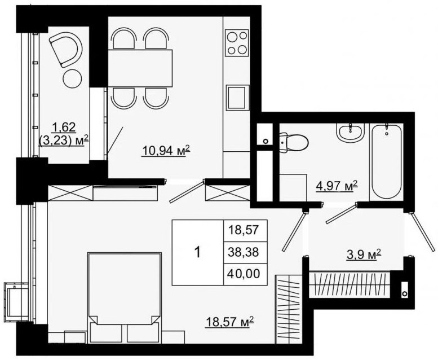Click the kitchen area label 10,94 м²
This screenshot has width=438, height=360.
166,151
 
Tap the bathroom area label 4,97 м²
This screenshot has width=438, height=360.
337,186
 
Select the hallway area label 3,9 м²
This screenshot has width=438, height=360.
364,255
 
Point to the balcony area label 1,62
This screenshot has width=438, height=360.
64,128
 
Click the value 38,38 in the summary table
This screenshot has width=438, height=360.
244,252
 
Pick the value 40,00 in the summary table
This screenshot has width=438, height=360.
244,273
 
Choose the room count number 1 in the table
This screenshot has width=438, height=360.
197,253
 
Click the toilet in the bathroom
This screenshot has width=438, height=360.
294,142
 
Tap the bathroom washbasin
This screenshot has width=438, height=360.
351,132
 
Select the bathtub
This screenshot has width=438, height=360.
386,161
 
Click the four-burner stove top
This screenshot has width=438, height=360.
237,42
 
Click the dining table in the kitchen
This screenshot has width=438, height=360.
140,68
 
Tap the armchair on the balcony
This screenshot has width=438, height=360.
66,50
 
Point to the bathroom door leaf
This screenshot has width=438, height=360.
342,214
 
